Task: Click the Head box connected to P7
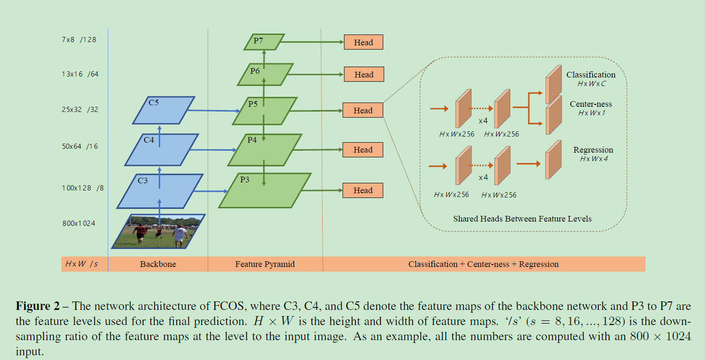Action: click(363, 42)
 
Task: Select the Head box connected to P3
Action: click(363, 190)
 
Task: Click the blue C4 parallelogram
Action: click(161, 149)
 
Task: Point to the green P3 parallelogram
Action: click(265, 190)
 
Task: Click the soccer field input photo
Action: click(158, 231)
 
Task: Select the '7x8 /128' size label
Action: click(79, 40)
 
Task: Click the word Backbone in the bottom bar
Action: click(158, 264)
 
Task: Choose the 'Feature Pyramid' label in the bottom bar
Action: click(265, 264)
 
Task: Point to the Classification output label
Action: click(591, 75)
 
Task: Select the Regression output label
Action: click(593, 150)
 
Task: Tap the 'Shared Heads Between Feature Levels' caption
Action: click(522, 219)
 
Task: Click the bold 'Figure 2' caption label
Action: click(37, 306)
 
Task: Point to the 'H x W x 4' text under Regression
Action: click(593, 159)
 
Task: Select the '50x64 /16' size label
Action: click(79, 146)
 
